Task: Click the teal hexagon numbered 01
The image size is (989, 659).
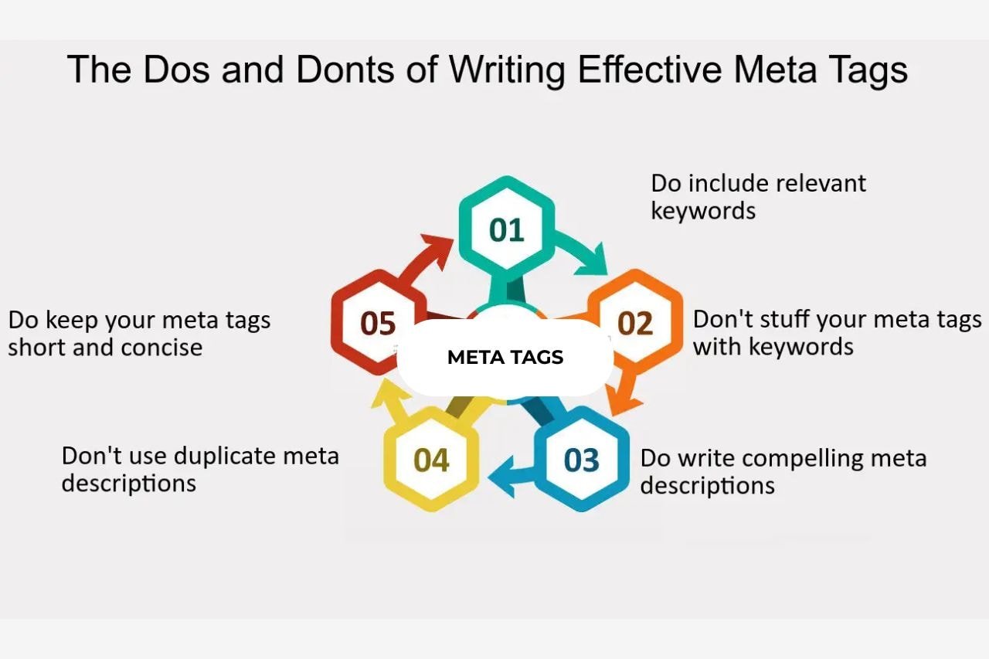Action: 507,229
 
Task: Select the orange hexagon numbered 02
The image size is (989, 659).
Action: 635,323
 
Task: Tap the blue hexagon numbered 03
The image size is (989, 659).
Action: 582,460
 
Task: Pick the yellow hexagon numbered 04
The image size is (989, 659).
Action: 431,460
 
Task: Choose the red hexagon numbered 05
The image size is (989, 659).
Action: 378,323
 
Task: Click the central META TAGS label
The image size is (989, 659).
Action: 505,357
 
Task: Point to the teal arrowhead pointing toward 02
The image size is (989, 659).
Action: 595,263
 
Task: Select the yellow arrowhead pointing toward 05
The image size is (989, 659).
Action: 385,398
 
